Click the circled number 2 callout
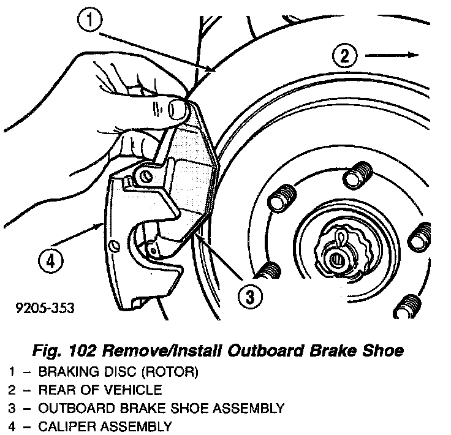[345, 56]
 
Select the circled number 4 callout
[49, 263]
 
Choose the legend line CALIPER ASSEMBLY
[105, 426]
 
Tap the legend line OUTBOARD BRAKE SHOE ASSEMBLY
[161, 408]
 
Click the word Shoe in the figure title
[384, 350]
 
